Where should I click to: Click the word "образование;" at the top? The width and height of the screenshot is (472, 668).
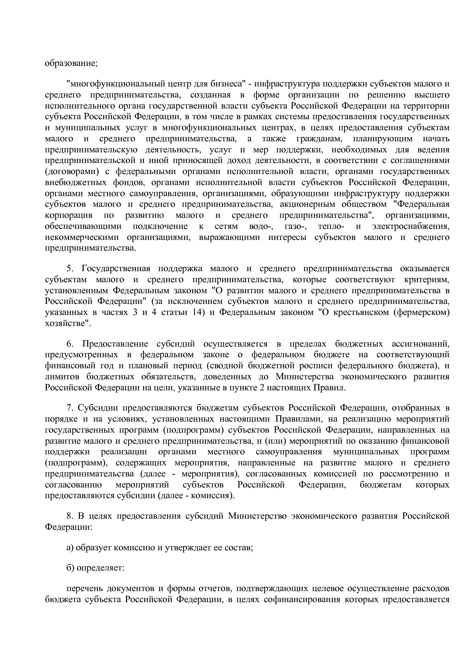tap(72, 63)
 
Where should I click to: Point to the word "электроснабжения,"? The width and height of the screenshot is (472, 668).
tap(411, 226)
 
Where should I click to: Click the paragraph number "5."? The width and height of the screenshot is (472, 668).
tap(70, 268)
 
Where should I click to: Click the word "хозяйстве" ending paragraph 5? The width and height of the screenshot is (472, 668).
tap(67, 324)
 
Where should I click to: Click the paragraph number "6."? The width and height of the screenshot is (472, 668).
tap(70, 344)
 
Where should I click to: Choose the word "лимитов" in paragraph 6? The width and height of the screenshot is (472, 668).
tap(62, 377)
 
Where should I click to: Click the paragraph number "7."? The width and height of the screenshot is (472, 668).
tap(70, 408)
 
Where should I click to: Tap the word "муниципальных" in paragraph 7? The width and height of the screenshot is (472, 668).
tap(366, 452)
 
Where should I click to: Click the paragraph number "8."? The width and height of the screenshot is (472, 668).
tap(70, 516)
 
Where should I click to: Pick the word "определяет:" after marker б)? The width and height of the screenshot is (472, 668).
tap(100, 568)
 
